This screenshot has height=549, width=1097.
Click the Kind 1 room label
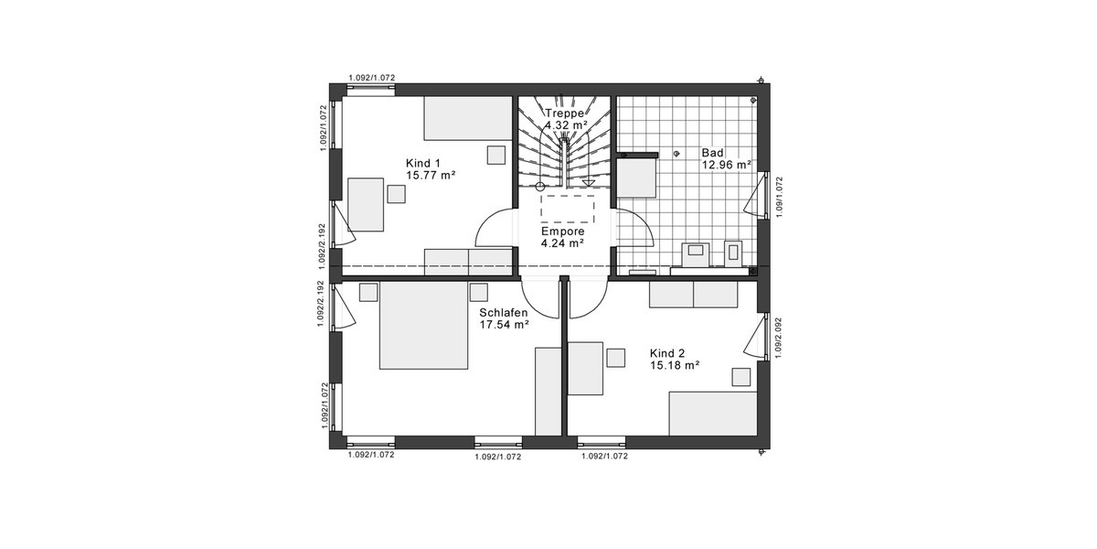coord(423,163)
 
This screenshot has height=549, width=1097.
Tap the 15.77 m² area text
coord(431,175)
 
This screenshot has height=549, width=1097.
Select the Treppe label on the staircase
coord(564,113)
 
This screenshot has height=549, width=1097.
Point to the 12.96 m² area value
coord(726,166)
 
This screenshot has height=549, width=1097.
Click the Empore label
coord(562,231)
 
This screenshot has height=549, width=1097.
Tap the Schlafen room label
coord(504,312)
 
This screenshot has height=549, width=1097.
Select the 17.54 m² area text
coord(504,324)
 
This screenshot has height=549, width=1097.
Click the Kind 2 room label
coord(667,352)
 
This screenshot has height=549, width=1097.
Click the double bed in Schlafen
coord(423,326)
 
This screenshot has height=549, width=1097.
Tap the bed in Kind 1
coord(467,119)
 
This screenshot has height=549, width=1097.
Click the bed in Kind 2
coord(712,414)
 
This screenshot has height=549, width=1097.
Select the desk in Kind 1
coord(366,204)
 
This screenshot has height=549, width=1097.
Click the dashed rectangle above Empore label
coord(567,207)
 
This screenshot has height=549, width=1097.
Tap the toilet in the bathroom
coord(733,253)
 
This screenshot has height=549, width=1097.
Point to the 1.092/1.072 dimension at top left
coord(371,79)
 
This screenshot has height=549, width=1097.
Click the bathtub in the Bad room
coord(637,178)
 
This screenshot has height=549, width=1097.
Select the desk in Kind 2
coord(585,368)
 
